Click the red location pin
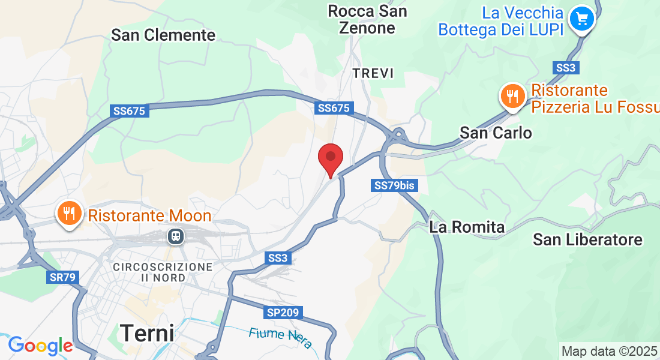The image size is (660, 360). pyautogui.click(x=330, y=158)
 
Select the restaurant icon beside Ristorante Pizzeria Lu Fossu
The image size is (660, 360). pyautogui.click(x=512, y=96)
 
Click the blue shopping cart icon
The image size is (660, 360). pyautogui.click(x=581, y=19)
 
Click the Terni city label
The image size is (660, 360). pyautogui.click(x=147, y=332)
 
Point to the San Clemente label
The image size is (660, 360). pyautogui.click(x=163, y=35)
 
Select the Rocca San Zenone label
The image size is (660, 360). pyautogui.click(x=367, y=19)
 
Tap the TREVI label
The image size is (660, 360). pyautogui.click(x=373, y=73)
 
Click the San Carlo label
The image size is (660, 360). pyautogui.click(x=496, y=133)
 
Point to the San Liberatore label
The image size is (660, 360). pyautogui.click(x=587, y=240)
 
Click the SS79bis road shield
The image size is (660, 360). pyautogui.click(x=394, y=185)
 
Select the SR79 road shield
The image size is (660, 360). pyautogui.click(x=61, y=277)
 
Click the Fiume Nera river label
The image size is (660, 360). pyautogui.click(x=281, y=337)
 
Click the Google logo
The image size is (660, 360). pyautogui.click(x=40, y=346)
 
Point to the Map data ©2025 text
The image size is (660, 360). pyautogui.click(x=608, y=351)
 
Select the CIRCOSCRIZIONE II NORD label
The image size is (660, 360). pyautogui.click(x=163, y=272)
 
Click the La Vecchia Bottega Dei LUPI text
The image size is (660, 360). pyautogui.click(x=501, y=21)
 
